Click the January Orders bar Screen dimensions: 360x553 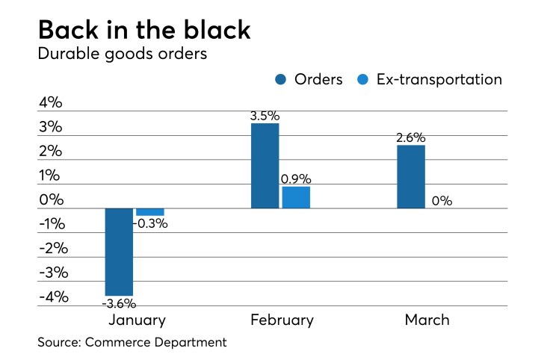pos(119,252)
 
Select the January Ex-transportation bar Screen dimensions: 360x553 pos(149,212)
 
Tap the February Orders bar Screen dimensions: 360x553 pos(265,166)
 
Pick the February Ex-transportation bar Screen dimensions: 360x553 pos(296,197)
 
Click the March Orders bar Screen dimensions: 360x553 pos(411,177)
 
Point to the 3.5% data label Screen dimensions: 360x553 pos(265,116)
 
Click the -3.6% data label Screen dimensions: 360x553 pos(119,303)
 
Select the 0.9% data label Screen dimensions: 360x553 pos(296,179)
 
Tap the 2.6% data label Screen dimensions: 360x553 pos(411,137)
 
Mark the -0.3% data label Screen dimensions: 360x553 pos(151,223)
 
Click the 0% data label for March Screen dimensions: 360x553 pos(442,201)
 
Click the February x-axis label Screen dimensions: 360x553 pos(281,320)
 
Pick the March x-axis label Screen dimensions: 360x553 pos(427,320)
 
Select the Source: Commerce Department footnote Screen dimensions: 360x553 pos(132,343)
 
